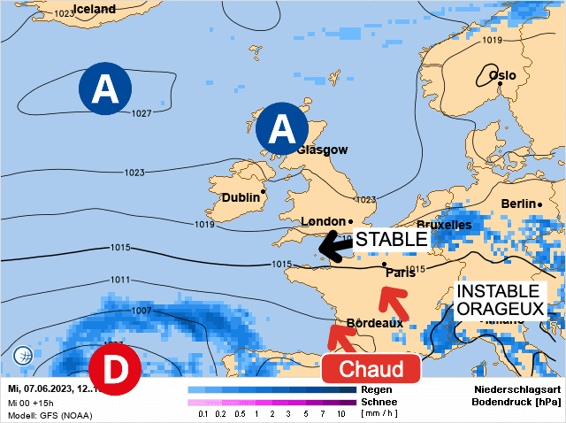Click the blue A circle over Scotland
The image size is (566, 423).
point(281,129)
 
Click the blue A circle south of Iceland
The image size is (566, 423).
point(105,89)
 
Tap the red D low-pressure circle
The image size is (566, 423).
point(115,369)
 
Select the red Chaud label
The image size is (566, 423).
point(366,369)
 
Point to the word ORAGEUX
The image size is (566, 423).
point(500,309)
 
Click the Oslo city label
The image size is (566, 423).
point(501,75)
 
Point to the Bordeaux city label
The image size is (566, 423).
point(374,323)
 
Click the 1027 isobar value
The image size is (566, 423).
point(141,113)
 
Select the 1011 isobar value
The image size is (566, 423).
point(119,281)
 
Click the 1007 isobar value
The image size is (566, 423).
point(141,311)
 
